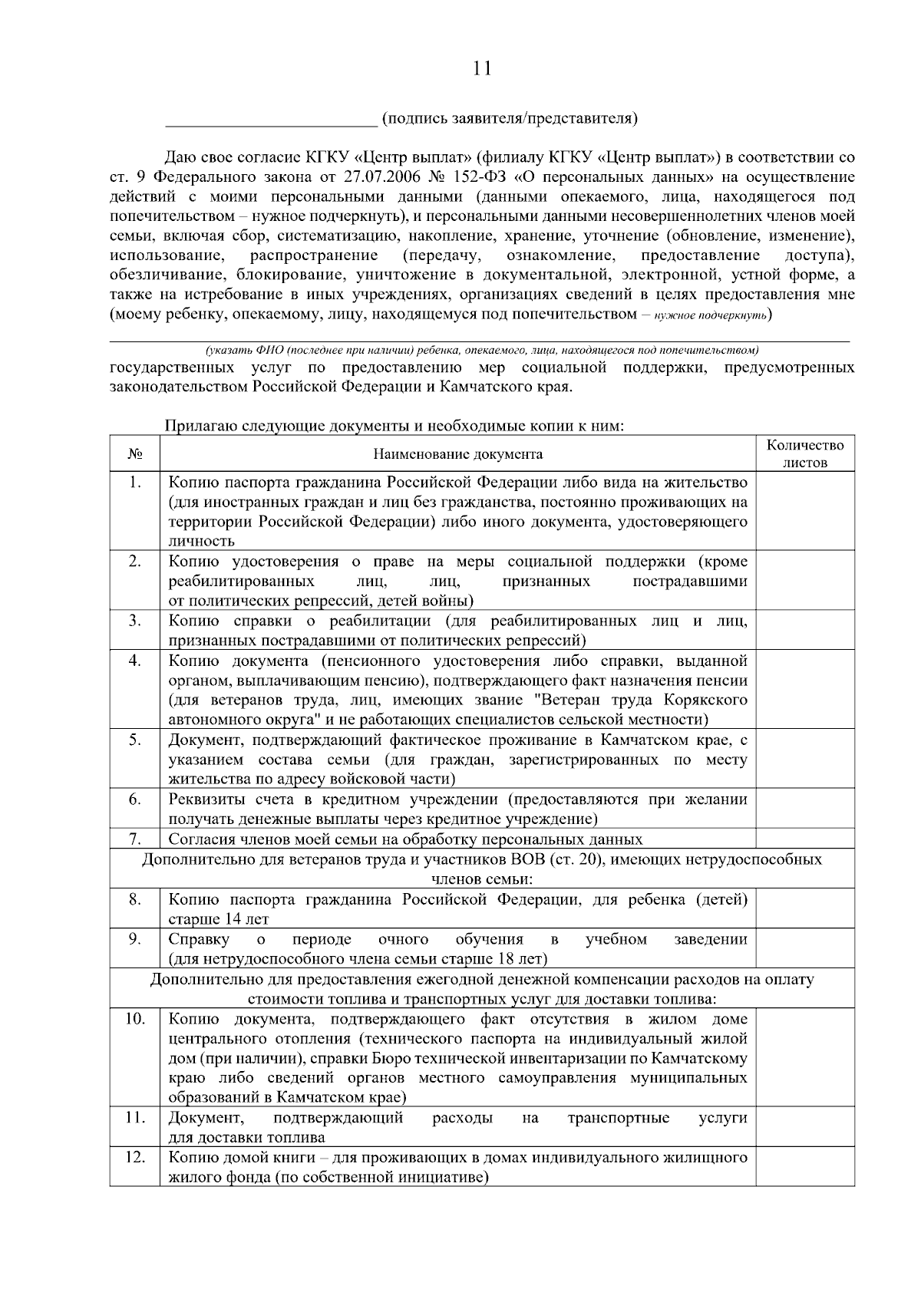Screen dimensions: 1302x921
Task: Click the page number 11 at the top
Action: click(x=482, y=68)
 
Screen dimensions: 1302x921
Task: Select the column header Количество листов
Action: click(x=805, y=453)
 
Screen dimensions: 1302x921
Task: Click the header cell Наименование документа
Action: click(x=457, y=453)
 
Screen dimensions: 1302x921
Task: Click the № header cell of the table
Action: click(x=134, y=453)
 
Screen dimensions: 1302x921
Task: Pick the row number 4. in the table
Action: click(x=134, y=661)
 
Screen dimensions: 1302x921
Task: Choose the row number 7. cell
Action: click(x=134, y=839)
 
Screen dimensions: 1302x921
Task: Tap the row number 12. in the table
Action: click(x=134, y=1157)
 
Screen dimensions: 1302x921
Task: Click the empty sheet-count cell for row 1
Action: click(x=805, y=510)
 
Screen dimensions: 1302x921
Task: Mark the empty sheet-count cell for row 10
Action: click(x=805, y=1057)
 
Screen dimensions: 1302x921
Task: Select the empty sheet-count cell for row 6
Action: click(x=805, y=809)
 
